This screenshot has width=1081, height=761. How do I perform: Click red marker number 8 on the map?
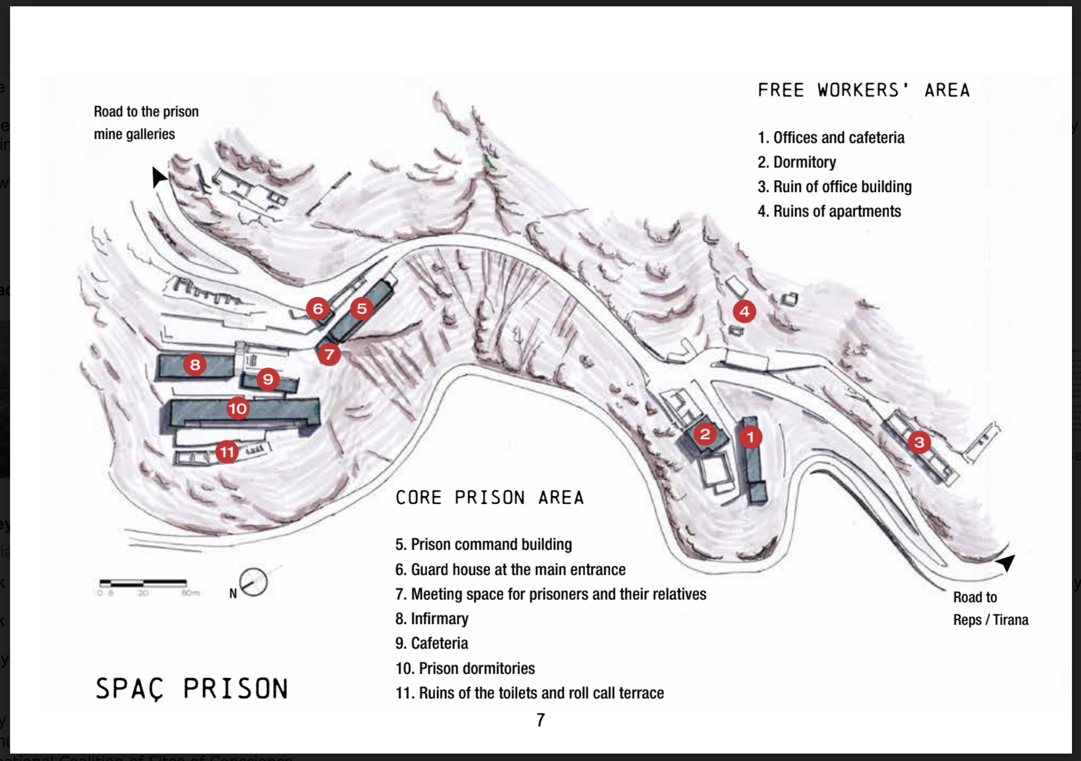195,365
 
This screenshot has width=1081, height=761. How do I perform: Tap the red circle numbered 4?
744,312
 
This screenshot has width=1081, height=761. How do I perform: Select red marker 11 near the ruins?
227,452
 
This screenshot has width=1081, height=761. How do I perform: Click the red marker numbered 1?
750,437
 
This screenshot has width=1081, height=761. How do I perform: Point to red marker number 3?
919,442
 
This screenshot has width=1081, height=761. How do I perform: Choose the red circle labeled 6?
318,308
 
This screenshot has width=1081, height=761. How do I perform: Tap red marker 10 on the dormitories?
237,408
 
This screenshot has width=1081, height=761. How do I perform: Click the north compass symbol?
253,583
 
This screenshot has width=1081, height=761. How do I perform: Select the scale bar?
143,583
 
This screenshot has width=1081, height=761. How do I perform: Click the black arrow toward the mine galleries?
158,177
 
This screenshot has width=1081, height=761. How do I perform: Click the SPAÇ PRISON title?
192,689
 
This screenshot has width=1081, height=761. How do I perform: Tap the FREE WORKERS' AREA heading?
863,90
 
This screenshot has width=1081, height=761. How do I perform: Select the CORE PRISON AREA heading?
490,498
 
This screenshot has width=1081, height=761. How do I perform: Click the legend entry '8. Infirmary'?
432,619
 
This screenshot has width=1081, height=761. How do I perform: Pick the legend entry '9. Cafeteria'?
432,643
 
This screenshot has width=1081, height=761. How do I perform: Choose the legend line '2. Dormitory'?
796,162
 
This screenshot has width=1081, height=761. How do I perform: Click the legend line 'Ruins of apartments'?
829,211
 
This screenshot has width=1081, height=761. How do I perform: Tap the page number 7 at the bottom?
540,720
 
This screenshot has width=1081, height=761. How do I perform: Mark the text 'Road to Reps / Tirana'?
990,609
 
